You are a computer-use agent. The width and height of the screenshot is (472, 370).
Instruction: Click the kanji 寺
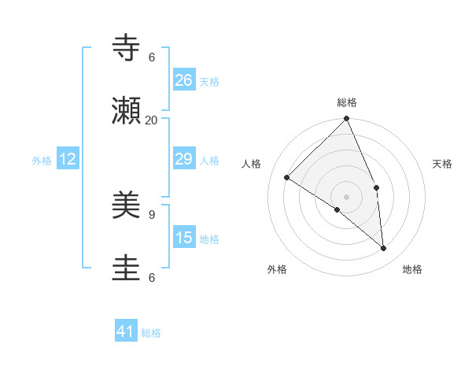(x=127, y=49)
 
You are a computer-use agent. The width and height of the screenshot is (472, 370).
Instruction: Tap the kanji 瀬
(x=127, y=111)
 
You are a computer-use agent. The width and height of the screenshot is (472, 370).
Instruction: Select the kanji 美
(x=127, y=205)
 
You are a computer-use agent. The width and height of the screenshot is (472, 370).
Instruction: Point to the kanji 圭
(x=127, y=268)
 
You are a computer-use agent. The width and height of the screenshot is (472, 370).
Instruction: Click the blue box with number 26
(x=184, y=80)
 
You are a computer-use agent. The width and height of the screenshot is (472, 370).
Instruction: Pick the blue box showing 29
(x=184, y=159)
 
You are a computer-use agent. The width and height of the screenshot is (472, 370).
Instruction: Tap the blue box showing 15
(x=184, y=238)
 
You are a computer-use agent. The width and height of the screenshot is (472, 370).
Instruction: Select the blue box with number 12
(x=68, y=159)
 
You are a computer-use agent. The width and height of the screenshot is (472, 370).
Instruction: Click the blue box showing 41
(x=126, y=331)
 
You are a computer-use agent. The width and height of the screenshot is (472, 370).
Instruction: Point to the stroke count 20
(x=152, y=120)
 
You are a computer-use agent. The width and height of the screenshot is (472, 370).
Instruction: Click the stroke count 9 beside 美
(x=152, y=213)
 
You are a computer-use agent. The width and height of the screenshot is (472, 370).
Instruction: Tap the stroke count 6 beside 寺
(x=152, y=57)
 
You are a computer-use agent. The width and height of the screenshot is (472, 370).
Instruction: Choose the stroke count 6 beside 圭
(x=152, y=276)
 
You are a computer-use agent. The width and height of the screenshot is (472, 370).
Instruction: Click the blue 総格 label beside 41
(x=151, y=333)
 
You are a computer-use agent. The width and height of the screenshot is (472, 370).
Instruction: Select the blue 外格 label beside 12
(x=42, y=161)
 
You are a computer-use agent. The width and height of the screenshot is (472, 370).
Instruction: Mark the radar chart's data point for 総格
(x=347, y=119)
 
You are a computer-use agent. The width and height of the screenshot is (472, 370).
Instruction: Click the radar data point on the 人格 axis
(x=287, y=177)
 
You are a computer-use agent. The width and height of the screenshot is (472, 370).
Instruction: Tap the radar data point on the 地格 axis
(x=383, y=249)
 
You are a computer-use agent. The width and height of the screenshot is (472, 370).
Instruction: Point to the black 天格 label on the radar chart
(x=443, y=164)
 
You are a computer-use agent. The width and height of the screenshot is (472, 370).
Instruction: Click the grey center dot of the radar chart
(x=347, y=196)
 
